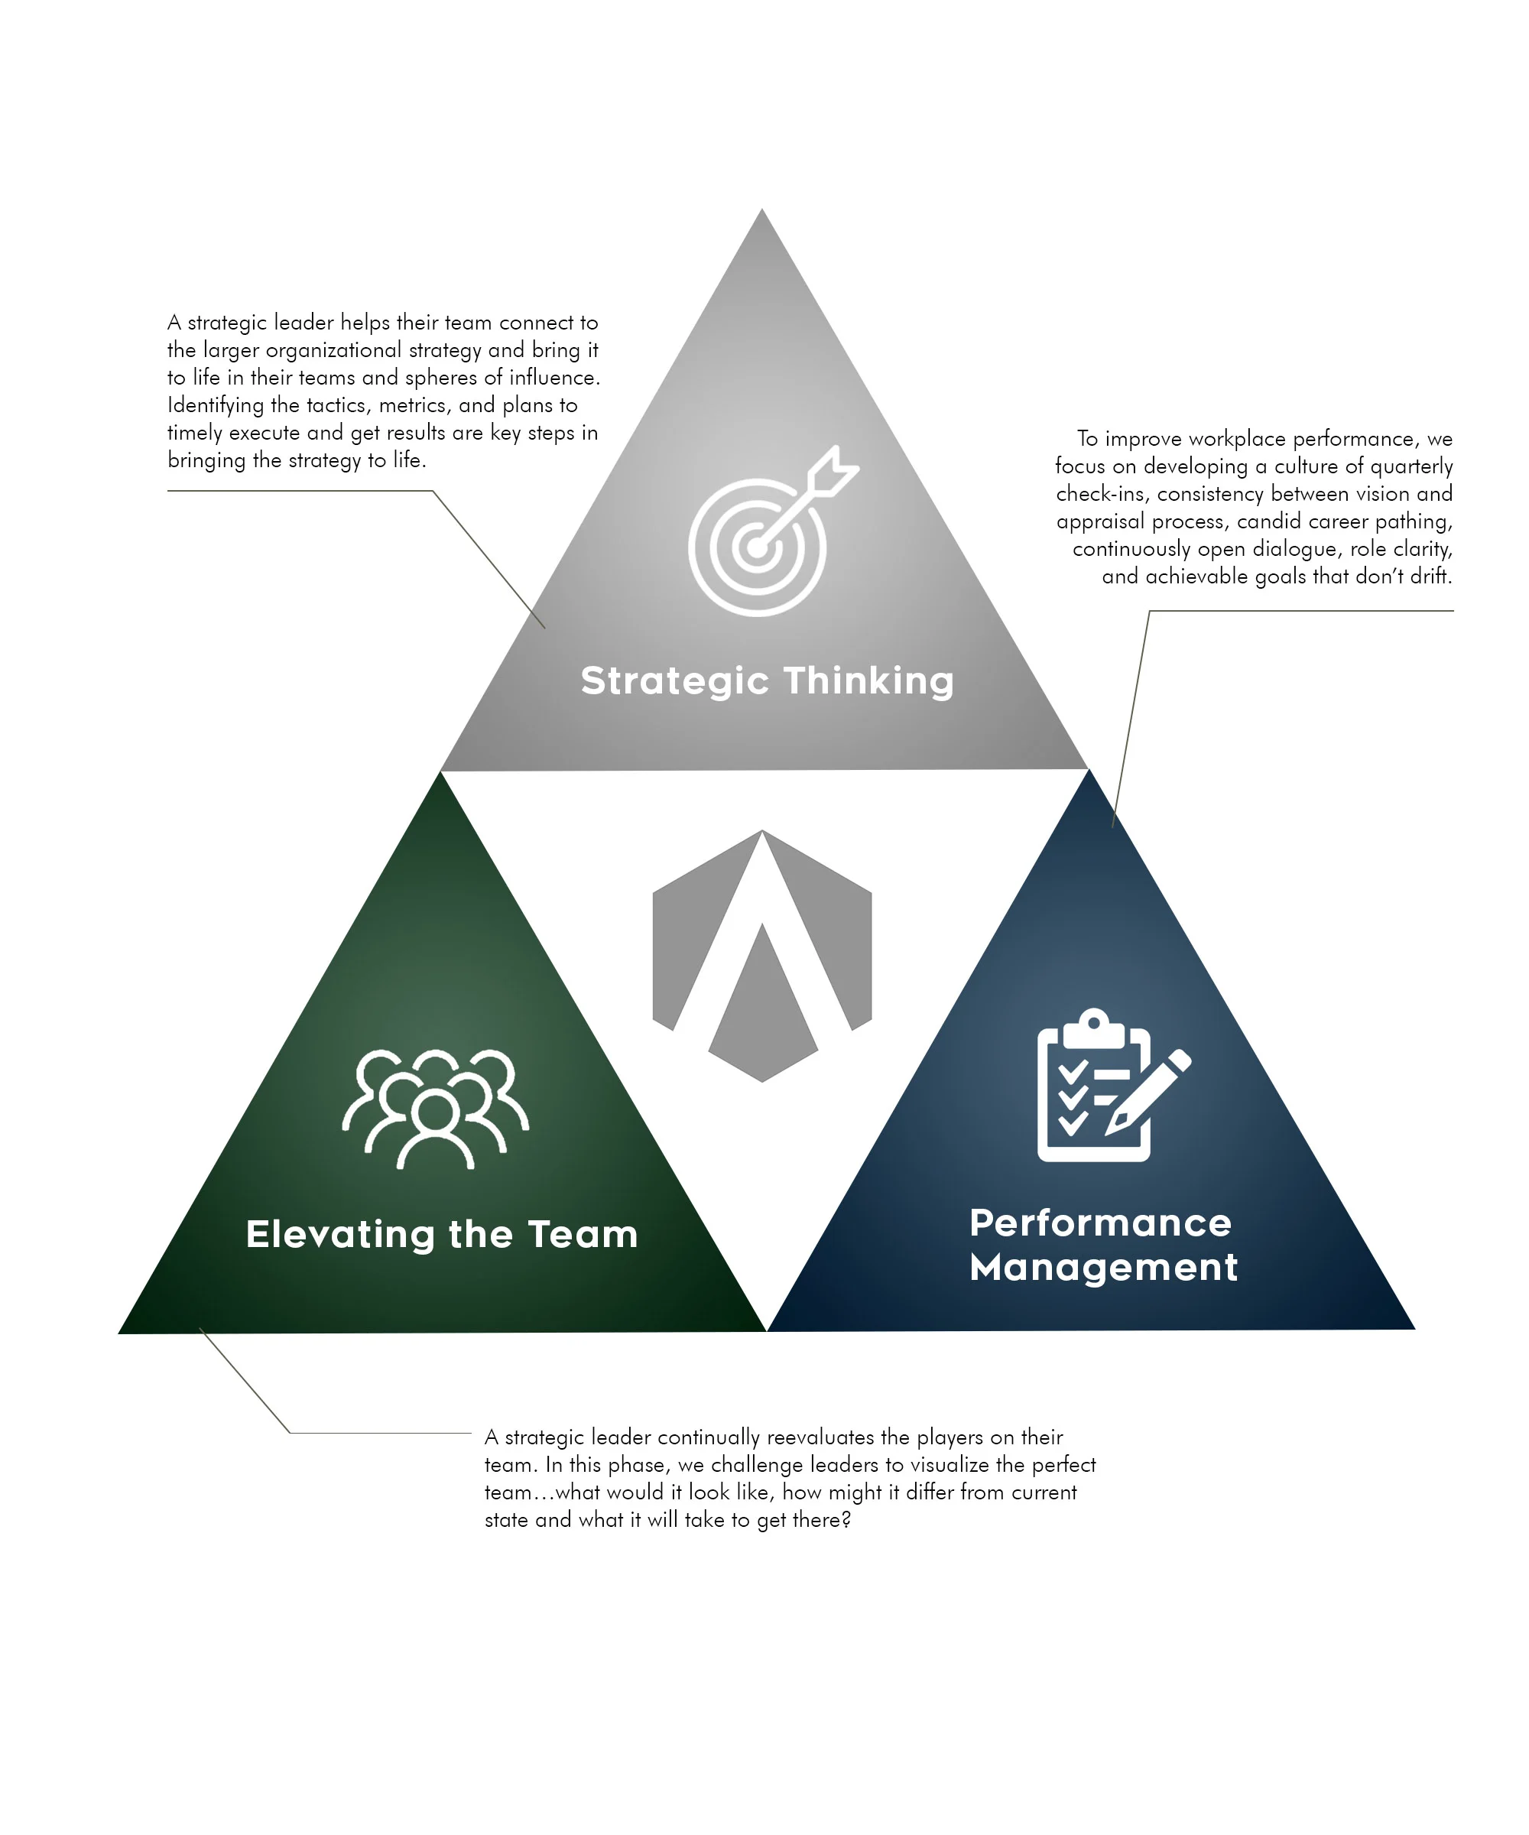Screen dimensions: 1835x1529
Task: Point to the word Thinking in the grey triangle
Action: click(x=868, y=681)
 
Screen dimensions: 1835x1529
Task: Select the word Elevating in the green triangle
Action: click(x=340, y=1235)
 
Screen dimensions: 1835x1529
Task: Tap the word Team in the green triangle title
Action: click(x=583, y=1235)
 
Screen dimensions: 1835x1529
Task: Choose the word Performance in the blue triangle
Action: click(x=1100, y=1223)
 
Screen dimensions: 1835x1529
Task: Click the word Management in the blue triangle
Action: click(x=1103, y=1267)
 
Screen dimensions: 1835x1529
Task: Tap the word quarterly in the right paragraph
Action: click(x=1411, y=466)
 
